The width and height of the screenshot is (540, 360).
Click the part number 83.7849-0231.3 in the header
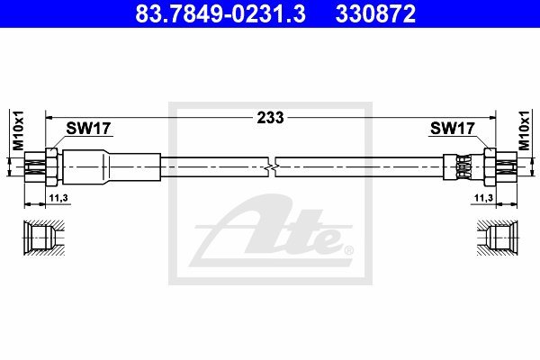click(220, 13)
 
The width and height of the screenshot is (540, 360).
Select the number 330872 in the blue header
click(375, 13)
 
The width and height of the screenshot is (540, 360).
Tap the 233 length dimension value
click(271, 118)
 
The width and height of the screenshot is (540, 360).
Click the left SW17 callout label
click(88, 129)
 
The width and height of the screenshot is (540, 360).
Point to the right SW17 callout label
click(453, 129)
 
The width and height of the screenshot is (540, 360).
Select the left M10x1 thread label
click(18, 130)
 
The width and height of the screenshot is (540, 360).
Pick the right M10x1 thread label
click(524, 130)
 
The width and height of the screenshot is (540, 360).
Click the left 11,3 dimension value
click(58, 198)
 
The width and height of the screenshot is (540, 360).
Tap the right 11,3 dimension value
click(484, 198)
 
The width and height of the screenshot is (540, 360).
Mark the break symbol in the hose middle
click(272, 167)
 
